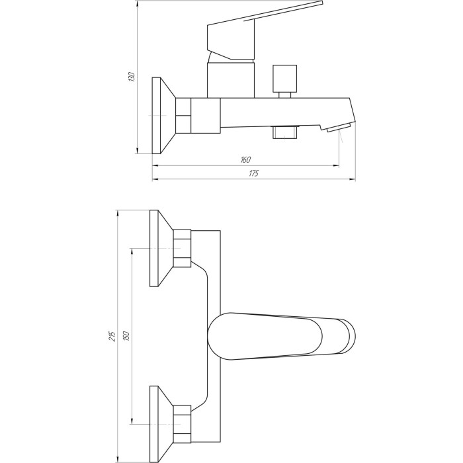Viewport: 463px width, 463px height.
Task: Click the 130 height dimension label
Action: point(132,77)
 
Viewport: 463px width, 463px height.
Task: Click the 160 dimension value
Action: point(245,160)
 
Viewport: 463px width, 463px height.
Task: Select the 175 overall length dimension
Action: point(253,173)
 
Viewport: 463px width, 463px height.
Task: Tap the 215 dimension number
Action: point(112,337)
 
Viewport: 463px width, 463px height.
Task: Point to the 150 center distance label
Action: point(126,337)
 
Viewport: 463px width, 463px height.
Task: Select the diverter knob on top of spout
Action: point(284,81)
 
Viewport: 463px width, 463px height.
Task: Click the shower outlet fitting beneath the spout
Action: point(285,132)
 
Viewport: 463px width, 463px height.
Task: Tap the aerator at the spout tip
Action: point(339,128)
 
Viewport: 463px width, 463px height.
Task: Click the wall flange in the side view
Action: point(163,116)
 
